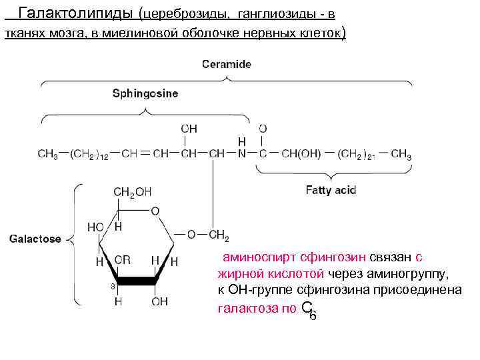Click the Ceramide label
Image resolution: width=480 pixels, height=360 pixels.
(227, 64)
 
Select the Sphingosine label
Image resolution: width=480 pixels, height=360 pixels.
(145, 94)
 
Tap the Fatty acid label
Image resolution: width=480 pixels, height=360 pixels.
(331, 190)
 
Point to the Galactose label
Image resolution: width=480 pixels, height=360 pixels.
(35, 239)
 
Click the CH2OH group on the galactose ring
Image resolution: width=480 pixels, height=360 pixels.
(133, 192)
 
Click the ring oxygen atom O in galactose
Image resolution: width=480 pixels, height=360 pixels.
(155, 211)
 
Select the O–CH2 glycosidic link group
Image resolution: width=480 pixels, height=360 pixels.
(208, 235)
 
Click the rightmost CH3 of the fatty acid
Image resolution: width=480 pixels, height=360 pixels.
(401, 155)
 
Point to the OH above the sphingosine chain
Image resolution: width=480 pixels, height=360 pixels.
(189, 128)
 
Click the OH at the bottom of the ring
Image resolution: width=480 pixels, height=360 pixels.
(159, 302)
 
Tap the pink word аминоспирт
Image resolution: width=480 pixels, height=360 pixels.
(259, 257)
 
